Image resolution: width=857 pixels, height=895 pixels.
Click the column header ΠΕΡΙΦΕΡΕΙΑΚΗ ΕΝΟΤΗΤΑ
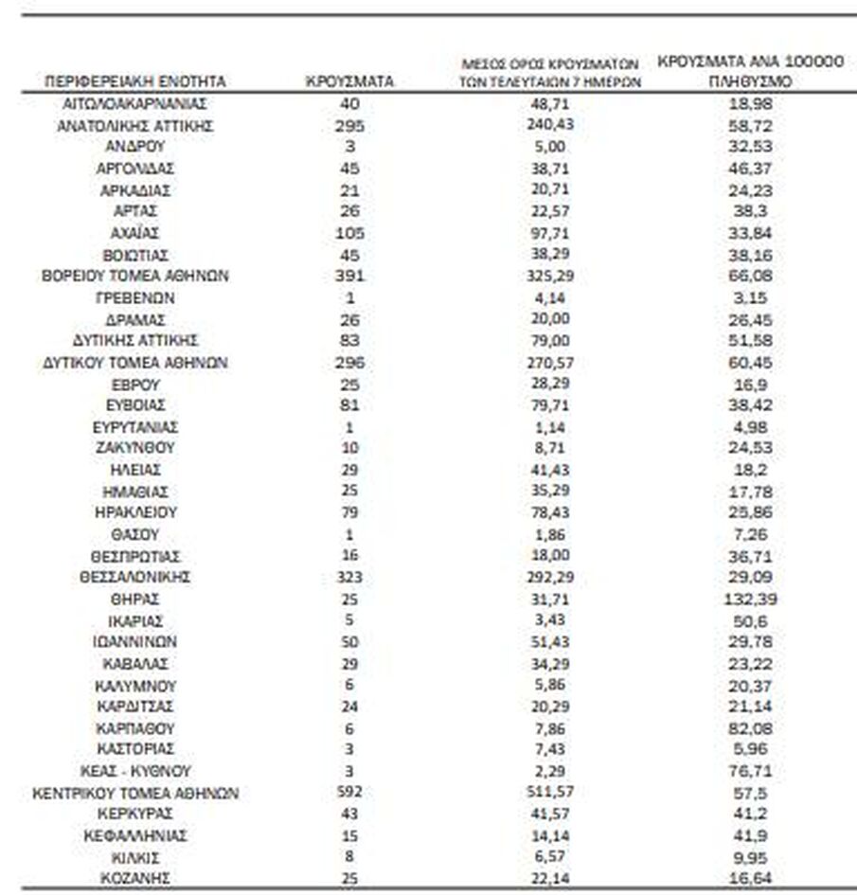coord(134,82)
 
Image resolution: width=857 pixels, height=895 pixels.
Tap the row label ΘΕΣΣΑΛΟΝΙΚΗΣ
coord(134,577)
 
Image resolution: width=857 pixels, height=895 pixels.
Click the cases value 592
coord(349,792)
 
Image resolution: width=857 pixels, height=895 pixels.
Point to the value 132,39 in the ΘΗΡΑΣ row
coord(748,599)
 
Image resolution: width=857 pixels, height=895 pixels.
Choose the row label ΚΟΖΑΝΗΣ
coord(134,878)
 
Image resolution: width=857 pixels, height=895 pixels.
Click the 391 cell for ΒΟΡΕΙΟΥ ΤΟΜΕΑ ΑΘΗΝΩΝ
coord(349,276)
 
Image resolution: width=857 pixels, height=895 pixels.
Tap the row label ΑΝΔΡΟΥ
coord(134,147)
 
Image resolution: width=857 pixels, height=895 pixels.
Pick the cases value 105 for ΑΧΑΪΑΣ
coord(349,233)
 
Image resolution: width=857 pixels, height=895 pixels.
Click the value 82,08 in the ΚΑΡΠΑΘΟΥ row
coord(748,728)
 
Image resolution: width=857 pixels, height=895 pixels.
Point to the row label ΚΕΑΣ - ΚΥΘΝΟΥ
coord(134,771)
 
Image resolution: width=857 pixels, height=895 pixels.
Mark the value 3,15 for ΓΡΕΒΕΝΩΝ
coord(748,297)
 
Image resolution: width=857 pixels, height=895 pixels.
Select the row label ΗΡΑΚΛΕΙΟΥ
coord(134,512)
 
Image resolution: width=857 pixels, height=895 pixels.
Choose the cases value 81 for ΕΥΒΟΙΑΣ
coord(349,405)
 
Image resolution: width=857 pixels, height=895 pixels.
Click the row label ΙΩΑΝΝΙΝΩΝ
coord(134,642)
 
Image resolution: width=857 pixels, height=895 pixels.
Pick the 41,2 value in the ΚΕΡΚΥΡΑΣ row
coord(748,814)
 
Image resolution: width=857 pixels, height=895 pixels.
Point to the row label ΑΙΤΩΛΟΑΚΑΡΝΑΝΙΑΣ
coord(134,104)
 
